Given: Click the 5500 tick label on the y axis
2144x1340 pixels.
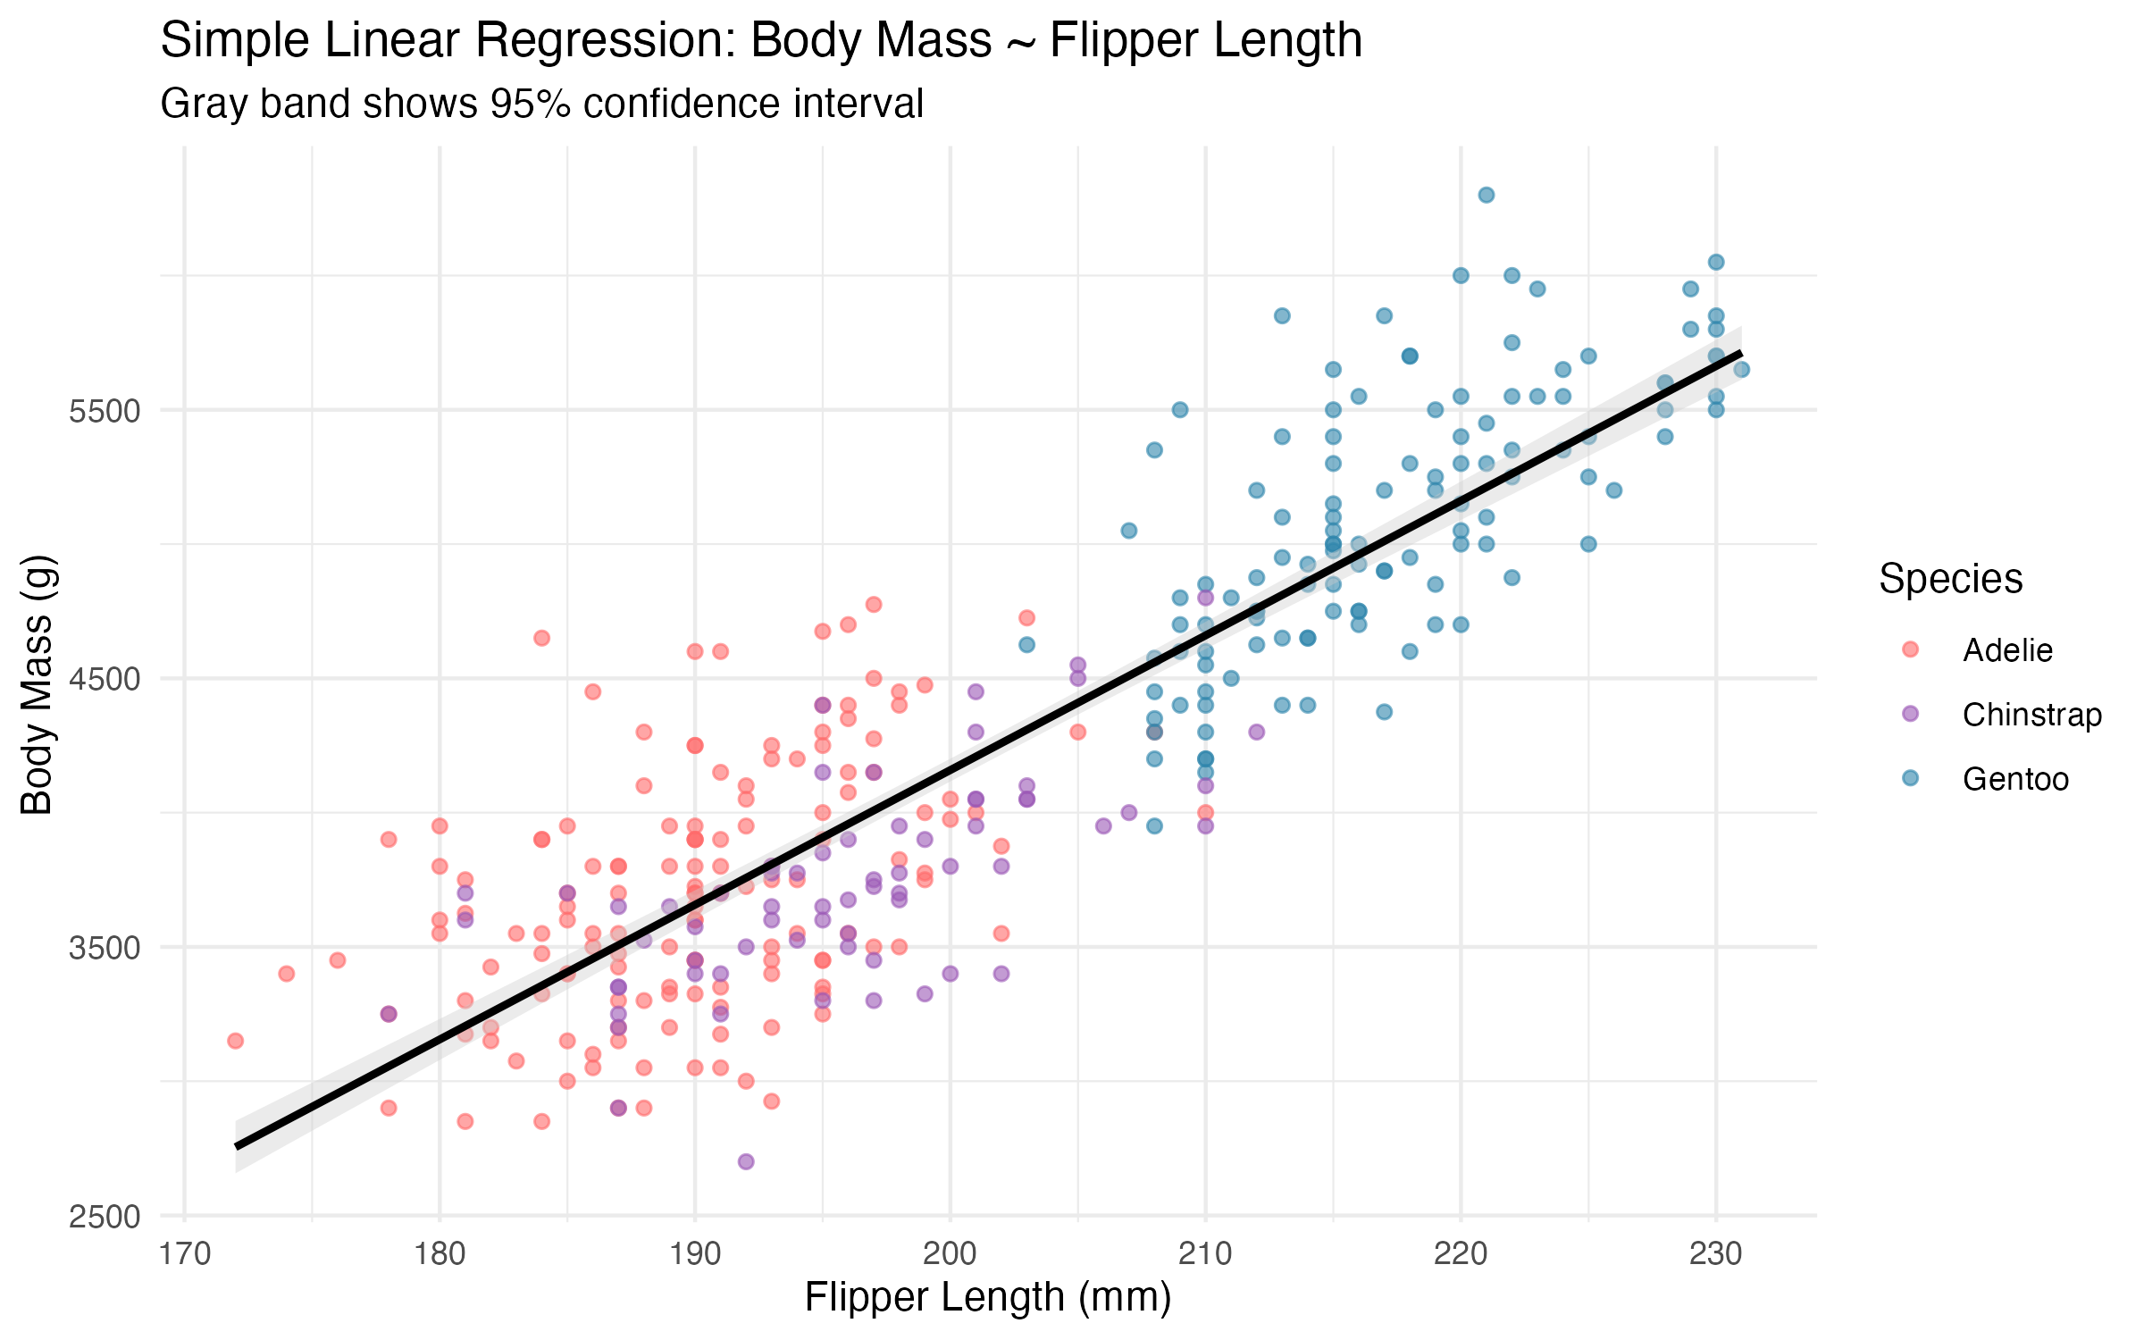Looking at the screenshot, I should tap(105, 411).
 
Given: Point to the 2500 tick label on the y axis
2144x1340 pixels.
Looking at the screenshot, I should tap(105, 1217).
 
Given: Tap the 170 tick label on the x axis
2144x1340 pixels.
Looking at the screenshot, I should tap(184, 1254).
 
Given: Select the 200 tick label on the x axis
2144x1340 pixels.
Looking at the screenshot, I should tap(950, 1254).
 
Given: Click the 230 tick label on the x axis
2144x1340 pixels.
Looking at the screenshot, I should tap(1715, 1254).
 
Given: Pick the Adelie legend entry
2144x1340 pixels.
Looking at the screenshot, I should tap(2007, 650).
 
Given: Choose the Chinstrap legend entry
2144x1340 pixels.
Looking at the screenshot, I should tap(2031, 715).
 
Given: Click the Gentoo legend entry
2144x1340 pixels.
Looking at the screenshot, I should tap(2015, 779).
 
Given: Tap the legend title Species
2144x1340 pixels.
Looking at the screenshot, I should tap(1950, 579).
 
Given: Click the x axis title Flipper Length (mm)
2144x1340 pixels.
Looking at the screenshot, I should tap(987, 1297).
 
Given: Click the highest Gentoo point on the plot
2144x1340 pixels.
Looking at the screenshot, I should tap(1487, 195).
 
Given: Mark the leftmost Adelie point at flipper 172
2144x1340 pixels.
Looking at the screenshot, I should tap(236, 1041).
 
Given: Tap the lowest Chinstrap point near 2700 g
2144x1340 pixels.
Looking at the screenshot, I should tap(746, 1161).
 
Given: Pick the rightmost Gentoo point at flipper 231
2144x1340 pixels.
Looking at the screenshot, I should tap(1741, 370).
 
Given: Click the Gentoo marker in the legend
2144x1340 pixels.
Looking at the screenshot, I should tap(1911, 778).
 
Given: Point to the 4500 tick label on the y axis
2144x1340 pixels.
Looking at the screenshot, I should tap(105, 679).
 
